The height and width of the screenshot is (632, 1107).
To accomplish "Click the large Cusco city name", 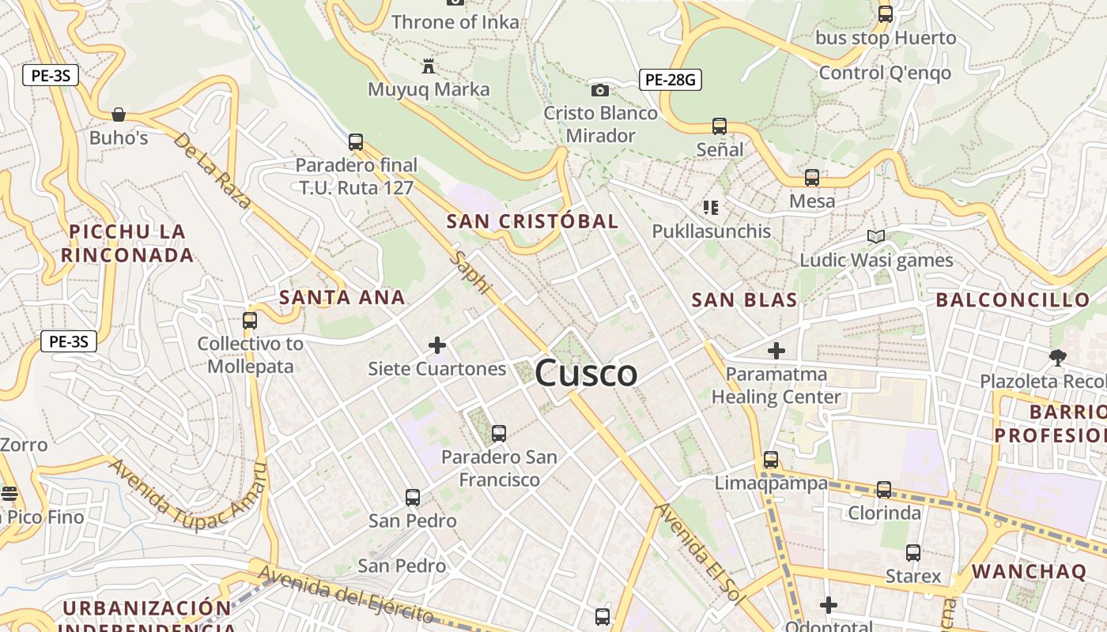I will point(586,373).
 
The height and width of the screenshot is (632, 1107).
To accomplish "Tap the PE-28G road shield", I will point(670,79).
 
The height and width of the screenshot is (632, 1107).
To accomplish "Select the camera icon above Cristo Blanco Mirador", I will point(600,90).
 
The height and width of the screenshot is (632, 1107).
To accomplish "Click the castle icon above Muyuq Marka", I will point(429,66).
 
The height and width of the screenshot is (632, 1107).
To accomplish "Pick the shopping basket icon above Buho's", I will point(119,115).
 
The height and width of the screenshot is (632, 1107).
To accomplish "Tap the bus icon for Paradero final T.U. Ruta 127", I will point(356,142).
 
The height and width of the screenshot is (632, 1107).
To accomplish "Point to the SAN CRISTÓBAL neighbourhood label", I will point(532,221).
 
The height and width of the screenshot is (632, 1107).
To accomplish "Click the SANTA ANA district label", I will point(342,298).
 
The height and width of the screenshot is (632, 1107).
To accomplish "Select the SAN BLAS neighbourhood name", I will point(744,300).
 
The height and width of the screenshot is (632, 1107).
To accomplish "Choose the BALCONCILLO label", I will point(1013,300).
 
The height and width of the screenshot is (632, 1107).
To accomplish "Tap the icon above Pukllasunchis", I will point(711,208).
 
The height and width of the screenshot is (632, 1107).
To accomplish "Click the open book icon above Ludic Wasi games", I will point(875,236).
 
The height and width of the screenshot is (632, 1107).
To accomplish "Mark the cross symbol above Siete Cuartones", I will point(436,345).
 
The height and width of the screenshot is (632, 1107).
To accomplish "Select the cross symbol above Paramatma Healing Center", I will point(776,350).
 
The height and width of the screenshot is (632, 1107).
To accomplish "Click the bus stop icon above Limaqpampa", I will point(771,460).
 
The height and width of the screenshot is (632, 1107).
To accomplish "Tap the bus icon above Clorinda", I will point(884,490).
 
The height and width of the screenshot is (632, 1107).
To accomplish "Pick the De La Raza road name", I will point(212,170).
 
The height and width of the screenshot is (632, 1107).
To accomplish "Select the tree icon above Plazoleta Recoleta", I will point(1057,358).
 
